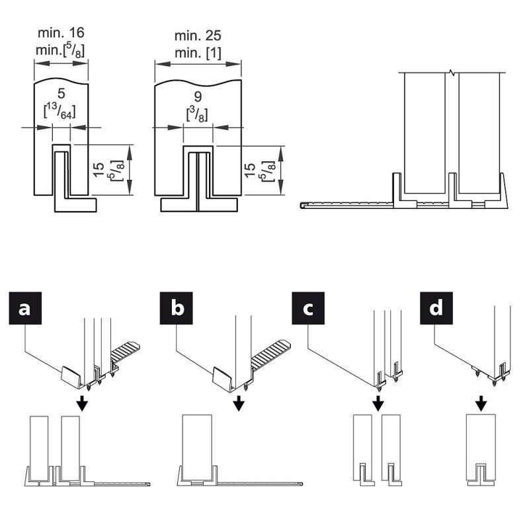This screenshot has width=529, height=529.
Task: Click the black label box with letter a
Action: point(24,309)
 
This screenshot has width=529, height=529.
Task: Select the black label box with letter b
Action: point(177,309)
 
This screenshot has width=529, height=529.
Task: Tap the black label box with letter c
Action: point(309,309)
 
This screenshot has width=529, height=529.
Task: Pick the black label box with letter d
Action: point(436,309)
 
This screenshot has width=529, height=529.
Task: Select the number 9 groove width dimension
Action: point(198,97)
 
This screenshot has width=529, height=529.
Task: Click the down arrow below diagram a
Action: point(81,403)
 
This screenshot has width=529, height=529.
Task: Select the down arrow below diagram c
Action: point(377,403)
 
